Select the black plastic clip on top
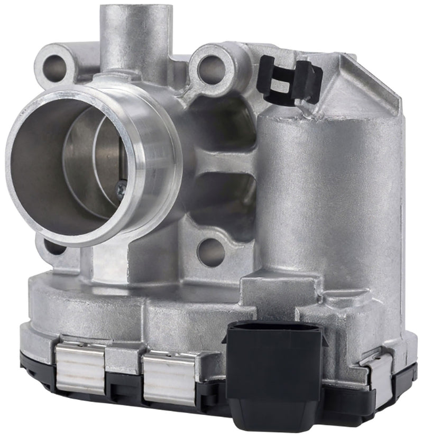(289, 80)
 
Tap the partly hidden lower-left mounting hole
(53, 246)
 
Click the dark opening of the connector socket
(274, 333)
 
